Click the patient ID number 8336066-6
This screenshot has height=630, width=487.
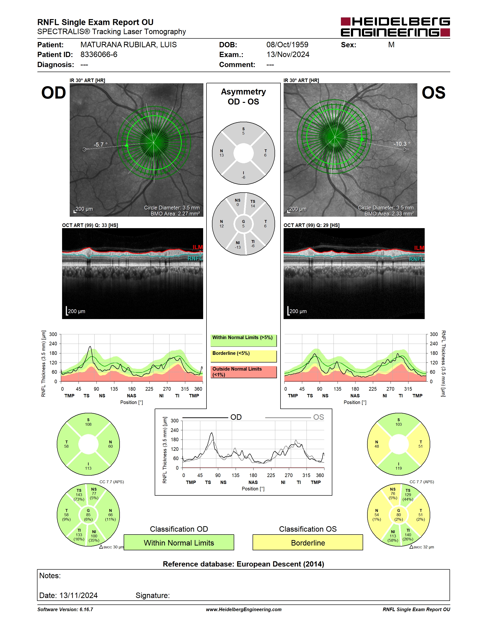(99, 54)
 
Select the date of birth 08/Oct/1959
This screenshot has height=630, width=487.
(287, 45)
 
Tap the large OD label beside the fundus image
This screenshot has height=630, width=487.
(54, 93)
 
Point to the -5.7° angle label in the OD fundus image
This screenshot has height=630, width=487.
(101, 145)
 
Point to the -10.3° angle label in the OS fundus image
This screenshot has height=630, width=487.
(402, 144)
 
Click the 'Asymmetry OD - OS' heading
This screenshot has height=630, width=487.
(243, 97)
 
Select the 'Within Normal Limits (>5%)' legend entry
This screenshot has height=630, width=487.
(243, 340)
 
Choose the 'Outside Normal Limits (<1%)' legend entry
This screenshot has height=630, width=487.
(243, 372)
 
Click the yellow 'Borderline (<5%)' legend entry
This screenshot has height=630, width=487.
(243, 356)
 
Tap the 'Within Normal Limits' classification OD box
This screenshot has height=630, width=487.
(179, 542)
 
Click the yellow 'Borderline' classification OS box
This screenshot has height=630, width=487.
(308, 542)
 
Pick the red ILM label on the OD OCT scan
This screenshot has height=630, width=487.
(198, 247)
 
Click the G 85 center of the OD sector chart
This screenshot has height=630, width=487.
(88, 515)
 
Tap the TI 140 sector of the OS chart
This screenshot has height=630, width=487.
(408, 535)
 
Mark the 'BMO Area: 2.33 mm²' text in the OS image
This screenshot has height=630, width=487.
(389, 214)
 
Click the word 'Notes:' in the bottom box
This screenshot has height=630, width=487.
(50, 576)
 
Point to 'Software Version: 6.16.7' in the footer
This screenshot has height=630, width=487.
(65, 609)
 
